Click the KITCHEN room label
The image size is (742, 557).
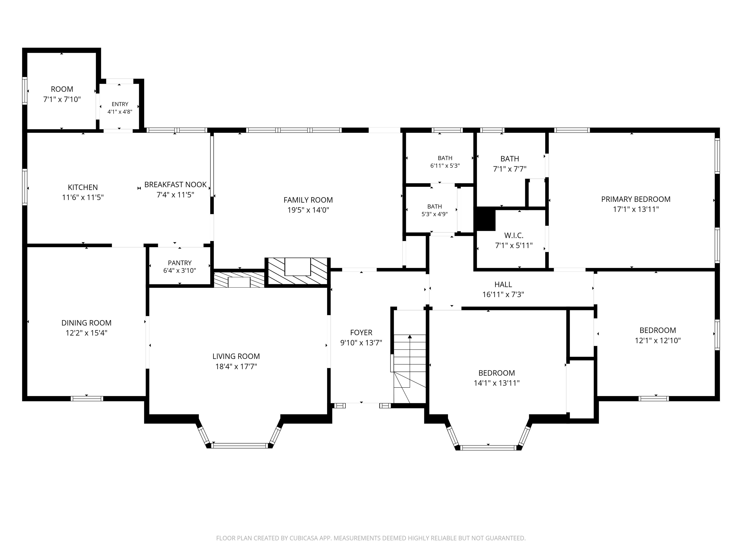click(x=83, y=187)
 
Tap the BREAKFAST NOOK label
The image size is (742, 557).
click(x=175, y=185)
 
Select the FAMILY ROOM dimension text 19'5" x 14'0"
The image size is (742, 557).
click(x=308, y=210)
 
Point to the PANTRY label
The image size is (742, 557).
click(x=180, y=263)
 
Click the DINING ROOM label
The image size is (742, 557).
click(x=86, y=323)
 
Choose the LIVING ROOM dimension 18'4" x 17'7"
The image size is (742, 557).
click(x=236, y=366)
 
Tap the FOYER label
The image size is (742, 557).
click(x=361, y=332)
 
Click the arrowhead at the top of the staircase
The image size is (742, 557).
click(x=410, y=337)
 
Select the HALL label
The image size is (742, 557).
click(x=503, y=284)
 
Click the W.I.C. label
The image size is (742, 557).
click(x=514, y=235)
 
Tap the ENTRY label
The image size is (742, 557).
click(x=120, y=104)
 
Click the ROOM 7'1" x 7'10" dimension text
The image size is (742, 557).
click(x=62, y=99)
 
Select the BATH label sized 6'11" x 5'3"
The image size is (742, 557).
click(x=445, y=158)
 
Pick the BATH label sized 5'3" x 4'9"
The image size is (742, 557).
click(x=435, y=206)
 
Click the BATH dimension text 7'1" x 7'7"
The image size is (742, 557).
click(x=510, y=169)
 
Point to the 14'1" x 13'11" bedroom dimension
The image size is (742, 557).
click(x=497, y=383)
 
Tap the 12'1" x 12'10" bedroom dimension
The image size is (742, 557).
click(x=658, y=340)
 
